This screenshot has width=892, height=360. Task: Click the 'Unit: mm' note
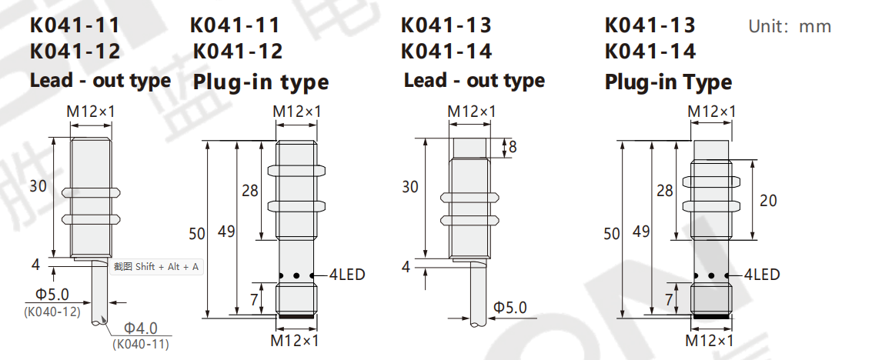tap(790, 26)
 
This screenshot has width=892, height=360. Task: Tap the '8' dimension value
tap(513, 147)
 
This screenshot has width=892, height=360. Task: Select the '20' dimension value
tap(768, 201)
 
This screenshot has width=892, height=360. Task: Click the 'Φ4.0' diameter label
tap(141, 328)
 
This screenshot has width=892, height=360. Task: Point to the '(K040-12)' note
tap(52, 312)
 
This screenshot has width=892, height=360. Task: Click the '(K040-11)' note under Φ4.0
tap(141, 344)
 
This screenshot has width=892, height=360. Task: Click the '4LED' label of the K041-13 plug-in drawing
tap(762, 275)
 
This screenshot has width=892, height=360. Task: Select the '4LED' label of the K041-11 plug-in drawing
tap(347, 275)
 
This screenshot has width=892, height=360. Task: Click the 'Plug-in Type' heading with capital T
tap(668, 82)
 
